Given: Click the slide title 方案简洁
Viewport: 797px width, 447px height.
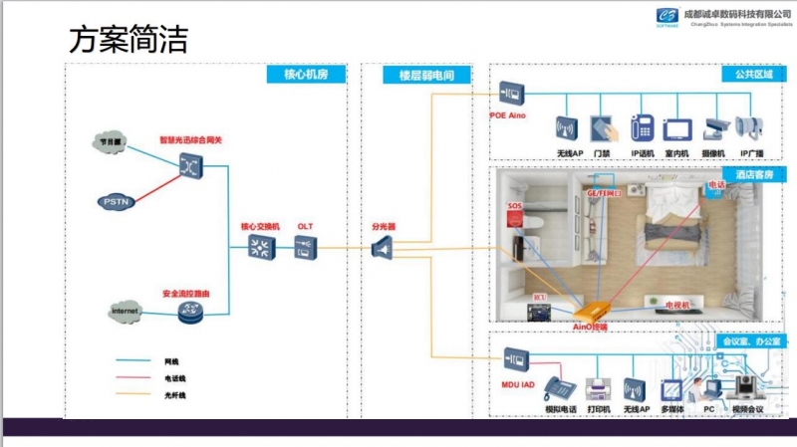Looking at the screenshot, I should tap(128, 41).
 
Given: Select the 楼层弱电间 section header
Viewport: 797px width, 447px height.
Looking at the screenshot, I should tap(426, 76).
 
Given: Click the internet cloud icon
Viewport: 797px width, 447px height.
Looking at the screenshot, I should tap(126, 313).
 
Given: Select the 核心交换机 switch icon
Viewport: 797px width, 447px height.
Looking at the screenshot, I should tap(261, 249).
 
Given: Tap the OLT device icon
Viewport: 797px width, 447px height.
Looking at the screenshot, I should tap(305, 249).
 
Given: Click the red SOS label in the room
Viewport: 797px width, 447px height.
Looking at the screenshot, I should tap(514, 206).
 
